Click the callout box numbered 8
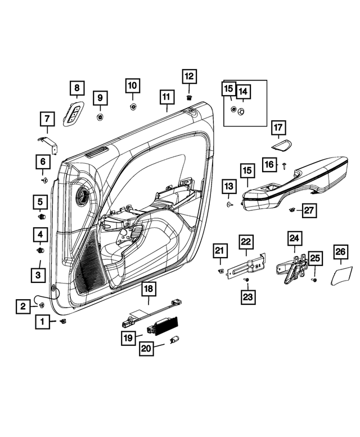coord(77,88)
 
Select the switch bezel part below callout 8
coord(74,115)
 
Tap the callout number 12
coord(188,76)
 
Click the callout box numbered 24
coord(294,238)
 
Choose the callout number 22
coord(246,242)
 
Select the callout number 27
coord(309,210)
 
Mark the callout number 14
coord(242,91)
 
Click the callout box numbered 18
coord(147,289)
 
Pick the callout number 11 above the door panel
coord(166,97)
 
